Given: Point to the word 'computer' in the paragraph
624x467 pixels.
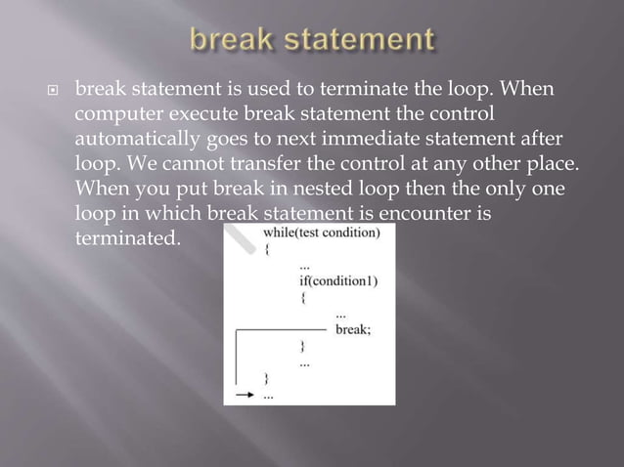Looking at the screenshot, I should click(x=113, y=114).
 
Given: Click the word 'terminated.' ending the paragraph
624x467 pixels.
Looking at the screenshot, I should click(x=128, y=236).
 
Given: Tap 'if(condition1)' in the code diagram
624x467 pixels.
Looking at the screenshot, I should click(x=338, y=280).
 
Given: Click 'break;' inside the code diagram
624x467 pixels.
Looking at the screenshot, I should click(x=353, y=329).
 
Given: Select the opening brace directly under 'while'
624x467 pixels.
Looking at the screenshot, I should click(x=267, y=249).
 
